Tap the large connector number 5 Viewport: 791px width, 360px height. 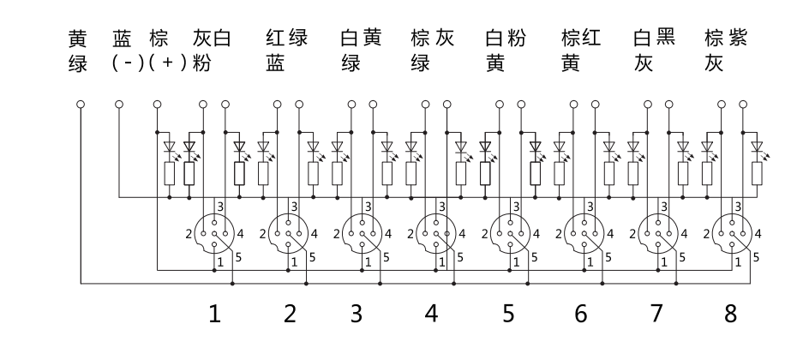coord(509,315)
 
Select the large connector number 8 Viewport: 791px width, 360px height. coord(730,315)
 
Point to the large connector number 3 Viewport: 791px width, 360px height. coord(356,315)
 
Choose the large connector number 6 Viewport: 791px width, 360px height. coord(582,315)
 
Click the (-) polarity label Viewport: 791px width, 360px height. coord(127,64)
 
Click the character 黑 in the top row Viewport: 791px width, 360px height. coord(666,39)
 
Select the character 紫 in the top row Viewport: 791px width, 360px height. coord(737,39)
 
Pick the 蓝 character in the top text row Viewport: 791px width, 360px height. coord(123,39)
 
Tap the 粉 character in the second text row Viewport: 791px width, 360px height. coord(201,64)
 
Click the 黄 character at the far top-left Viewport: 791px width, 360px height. coord(78,39)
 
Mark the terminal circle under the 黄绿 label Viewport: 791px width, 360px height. coord(81,105)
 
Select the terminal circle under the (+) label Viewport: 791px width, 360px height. coord(157,105)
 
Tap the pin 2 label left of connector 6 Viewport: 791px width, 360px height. coord(555,232)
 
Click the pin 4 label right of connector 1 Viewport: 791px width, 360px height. coord(240,232)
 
